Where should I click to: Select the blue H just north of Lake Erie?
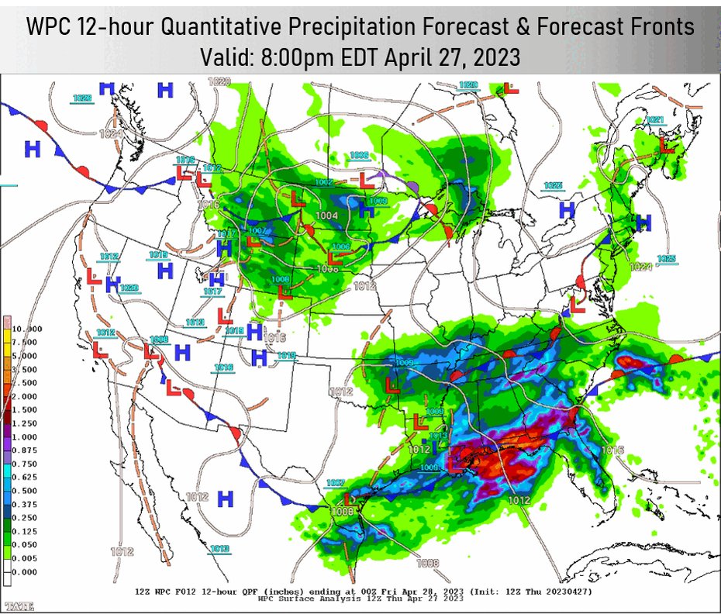click(x=567, y=209)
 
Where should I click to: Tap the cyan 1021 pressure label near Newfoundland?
click(x=655, y=120)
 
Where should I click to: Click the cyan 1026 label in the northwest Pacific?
click(x=82, y=98)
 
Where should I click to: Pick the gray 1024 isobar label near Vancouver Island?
click(x=111, y=134)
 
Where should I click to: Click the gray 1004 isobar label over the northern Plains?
click(x=326, y=215)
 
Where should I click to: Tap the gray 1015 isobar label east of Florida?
click(x=612, y=450)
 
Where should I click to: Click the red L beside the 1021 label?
click(x=666, y=145)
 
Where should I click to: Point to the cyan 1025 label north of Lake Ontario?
click(x=552, y=186)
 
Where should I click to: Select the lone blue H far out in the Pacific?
click(x=32, y=149)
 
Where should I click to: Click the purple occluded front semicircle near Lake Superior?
click(x=410, y=187)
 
